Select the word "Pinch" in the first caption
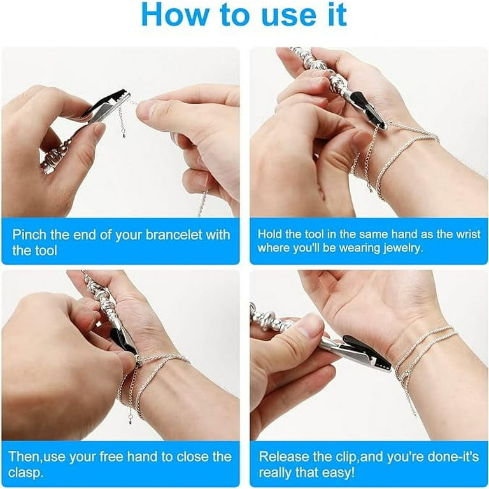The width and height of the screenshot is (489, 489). point(29,234)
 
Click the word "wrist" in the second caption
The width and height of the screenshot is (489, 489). point(468,234)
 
